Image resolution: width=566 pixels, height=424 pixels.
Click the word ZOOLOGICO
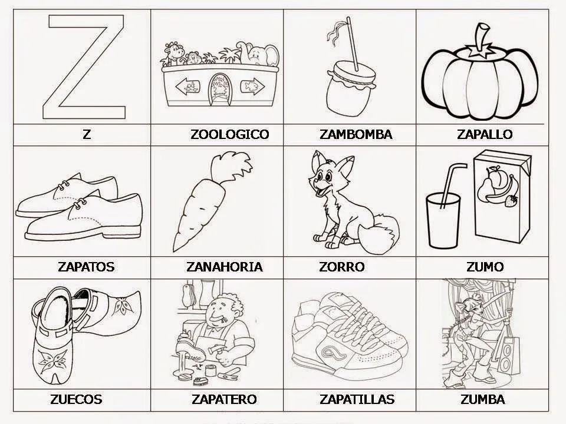coord(229,134)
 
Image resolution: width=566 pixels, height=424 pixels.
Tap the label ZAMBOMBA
coord(356,134)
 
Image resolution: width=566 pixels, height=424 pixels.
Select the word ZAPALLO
coord(485,134)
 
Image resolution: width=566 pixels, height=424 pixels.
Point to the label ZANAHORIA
coord(224,267)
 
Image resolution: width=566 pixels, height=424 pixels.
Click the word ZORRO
coord(341,267)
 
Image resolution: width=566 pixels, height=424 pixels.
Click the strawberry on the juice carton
coord(512,201)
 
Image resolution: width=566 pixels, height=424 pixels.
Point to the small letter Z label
coord(87,134)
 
